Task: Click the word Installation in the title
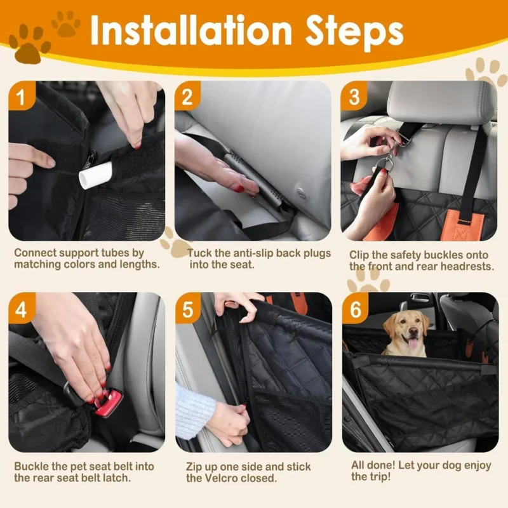[191, 30]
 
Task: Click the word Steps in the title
[355, 33]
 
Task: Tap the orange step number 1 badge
[21, 96]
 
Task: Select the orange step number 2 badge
[187, 96]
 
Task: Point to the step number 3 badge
[354, 96]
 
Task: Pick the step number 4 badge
[21, 308]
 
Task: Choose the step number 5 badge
[188, 308]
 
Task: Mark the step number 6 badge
[355, 308]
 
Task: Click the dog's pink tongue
[412, 343]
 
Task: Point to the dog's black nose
[413, 331]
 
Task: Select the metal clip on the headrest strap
[394, 150]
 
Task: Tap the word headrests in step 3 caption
[466, 266]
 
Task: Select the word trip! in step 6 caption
[378, 477]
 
